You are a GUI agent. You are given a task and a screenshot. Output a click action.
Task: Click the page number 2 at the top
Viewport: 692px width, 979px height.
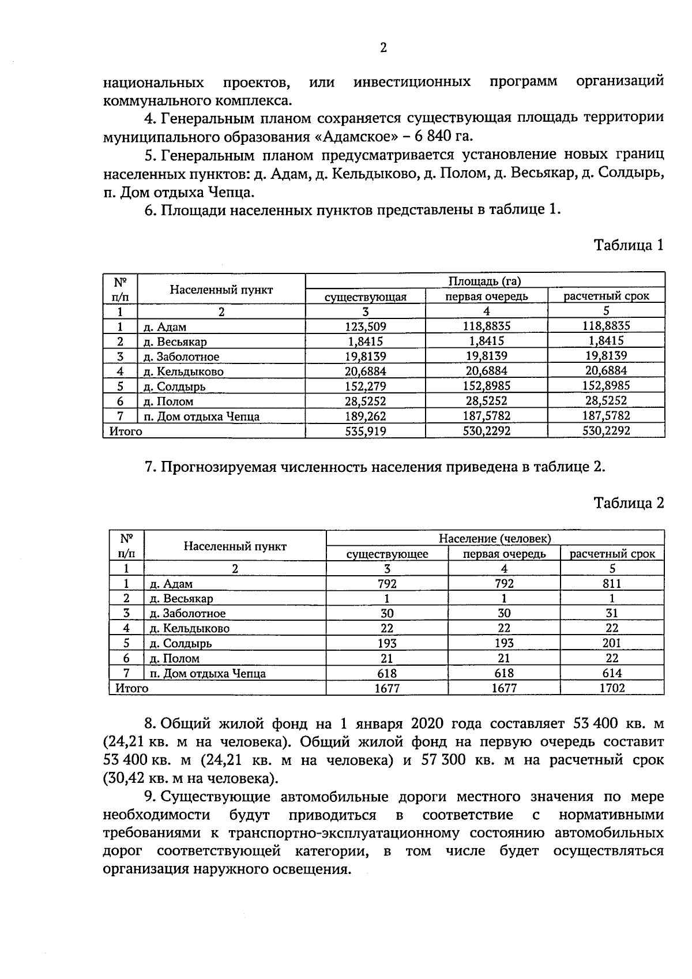tap(383, 48)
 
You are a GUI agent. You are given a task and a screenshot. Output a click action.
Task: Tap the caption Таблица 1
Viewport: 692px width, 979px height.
tap(629, 245)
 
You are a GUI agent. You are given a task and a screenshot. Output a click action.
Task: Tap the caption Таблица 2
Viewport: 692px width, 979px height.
tap(629, 503)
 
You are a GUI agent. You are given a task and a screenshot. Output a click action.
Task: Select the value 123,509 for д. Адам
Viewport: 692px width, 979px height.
tap(365, 327)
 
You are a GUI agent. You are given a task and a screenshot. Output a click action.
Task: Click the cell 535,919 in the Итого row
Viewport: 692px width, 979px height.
tap(365, 431)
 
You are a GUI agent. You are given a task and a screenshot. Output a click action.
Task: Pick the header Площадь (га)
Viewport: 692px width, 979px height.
tap(484, 281)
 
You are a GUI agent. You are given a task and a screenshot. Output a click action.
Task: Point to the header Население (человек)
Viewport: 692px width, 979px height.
tap(495, 539)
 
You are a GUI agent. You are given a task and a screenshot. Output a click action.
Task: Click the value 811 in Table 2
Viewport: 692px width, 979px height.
tap(611, 584)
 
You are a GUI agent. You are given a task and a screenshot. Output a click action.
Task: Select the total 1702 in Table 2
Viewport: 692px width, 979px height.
tap(611, 688)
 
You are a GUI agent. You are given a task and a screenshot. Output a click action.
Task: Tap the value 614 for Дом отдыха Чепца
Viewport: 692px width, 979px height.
tap(611, 673)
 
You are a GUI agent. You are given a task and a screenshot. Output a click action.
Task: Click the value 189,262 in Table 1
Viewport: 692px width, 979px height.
tap(365, 416)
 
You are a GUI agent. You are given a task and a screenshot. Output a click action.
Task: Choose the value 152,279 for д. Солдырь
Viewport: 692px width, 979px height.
tap(365, 387)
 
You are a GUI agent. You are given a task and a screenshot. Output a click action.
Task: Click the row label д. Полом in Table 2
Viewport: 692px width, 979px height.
tap(174, 658)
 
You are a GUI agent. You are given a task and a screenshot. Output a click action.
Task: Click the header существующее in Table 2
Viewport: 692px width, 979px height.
tap(387, 554)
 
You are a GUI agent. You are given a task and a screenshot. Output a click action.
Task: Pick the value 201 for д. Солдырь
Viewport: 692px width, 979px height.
tap(611, 643)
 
